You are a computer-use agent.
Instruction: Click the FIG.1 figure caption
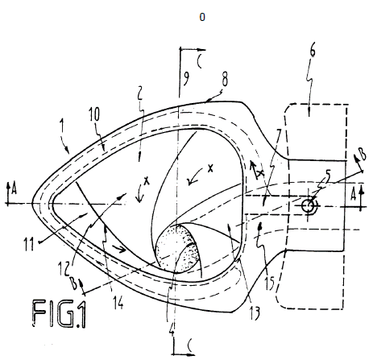click(60, 314)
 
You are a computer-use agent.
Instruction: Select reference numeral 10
click(94, 114)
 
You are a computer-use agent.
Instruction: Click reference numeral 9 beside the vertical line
click(186, 78)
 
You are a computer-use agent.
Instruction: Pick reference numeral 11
click(30, 244)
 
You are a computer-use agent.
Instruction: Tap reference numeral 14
click(118, 302)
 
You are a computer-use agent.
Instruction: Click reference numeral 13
click(255, 313)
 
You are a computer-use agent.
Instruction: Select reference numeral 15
click(269, 283)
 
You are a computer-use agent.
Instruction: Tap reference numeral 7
click(279, 136)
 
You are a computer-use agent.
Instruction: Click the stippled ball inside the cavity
click(178, 249)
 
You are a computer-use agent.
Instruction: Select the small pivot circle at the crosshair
click(308, 206)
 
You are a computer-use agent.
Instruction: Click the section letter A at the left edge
click(14, 188)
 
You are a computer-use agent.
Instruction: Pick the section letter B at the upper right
click(363, 155)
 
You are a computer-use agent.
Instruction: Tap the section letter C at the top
click(200, 61)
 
